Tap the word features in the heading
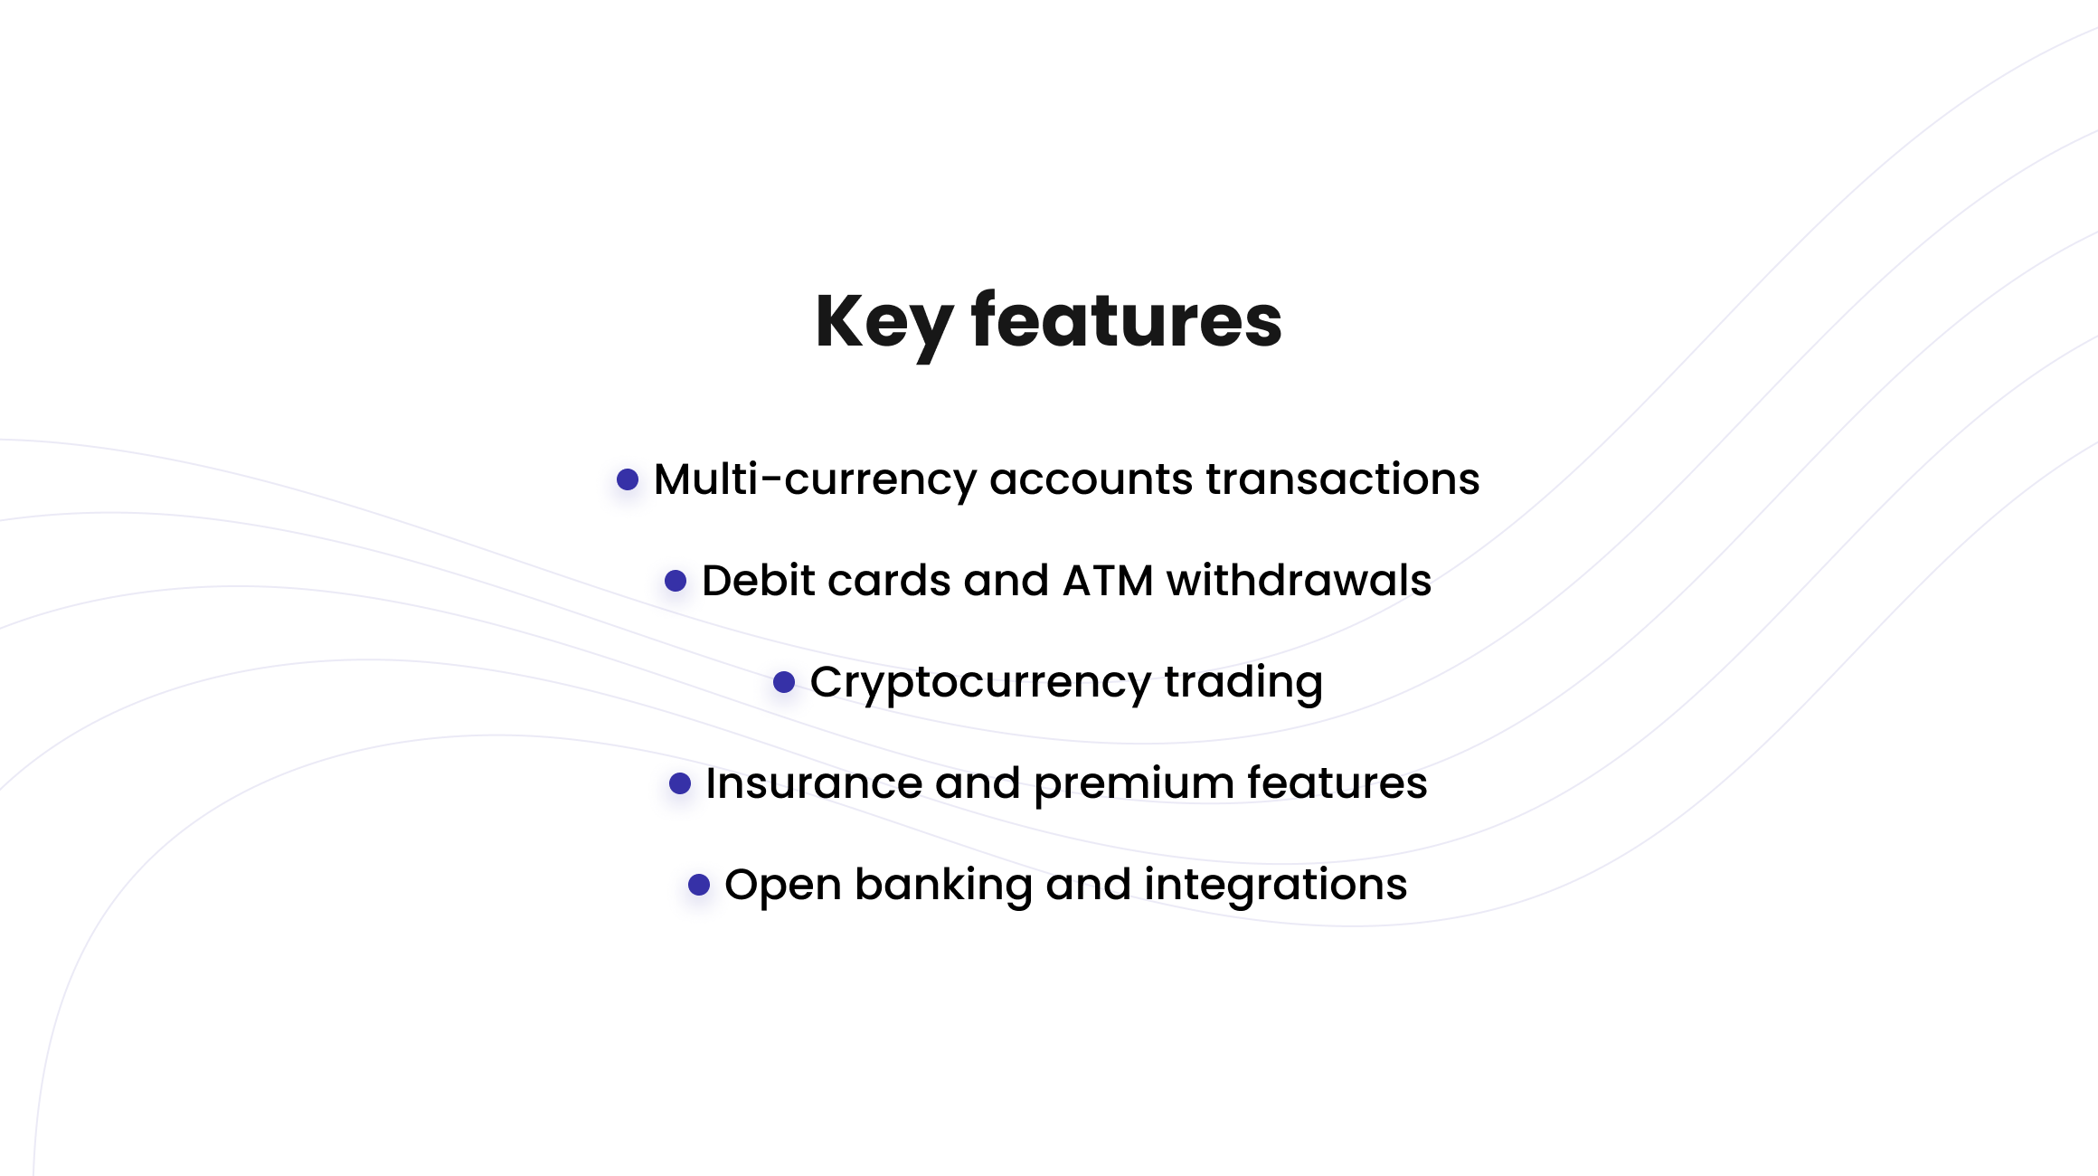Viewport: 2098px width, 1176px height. coord(1127,320)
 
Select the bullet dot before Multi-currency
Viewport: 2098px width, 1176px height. coord(628,479)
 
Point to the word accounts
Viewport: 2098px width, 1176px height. coord(1092,479)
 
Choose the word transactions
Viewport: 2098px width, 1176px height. coord(1343,479)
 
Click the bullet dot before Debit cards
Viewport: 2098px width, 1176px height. coord(676,581)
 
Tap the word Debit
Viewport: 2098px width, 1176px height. coord(758,580)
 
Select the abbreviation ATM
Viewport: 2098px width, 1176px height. coord(1108,581)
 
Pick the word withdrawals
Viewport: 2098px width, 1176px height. coord(1299,580)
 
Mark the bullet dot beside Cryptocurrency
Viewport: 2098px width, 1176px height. coord(784,682)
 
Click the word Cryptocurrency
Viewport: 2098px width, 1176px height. coord(980,683)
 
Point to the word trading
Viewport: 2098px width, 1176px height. coord(1243,683)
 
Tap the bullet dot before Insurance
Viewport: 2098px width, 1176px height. coord(680,783)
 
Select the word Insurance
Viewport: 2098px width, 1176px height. coord(814,782)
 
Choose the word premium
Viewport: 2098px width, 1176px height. coord(1134,784)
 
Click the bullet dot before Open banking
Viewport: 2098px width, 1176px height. coord(699,885)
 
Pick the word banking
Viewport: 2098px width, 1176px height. coord(943,886)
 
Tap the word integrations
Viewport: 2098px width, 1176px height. coord(1275,886)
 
